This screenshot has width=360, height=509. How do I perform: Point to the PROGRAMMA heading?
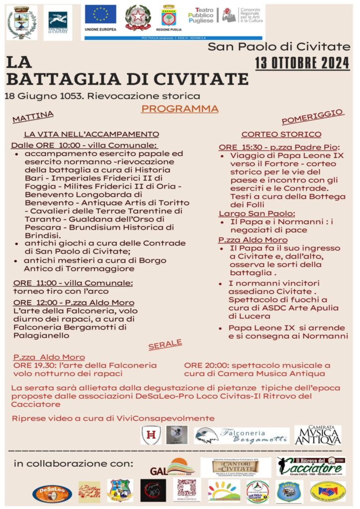[x=180, y=109]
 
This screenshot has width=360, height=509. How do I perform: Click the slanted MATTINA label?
[x=33, y=116]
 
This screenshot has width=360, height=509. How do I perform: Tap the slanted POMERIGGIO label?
[x=313, y=116]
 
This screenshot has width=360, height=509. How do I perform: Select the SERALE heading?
[x=165, y=345]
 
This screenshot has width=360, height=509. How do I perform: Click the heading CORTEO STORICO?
[x=281, y=134]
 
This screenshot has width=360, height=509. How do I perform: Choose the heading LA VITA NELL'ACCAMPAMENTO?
[x=91, y=134]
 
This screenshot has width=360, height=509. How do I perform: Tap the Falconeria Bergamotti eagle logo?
[x=206, y=435]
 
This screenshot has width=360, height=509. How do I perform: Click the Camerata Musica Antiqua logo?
[x=318, y=435]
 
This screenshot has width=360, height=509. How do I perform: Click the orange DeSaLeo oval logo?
[x=52, y=493]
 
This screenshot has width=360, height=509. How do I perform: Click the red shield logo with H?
[x=150, y=435]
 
